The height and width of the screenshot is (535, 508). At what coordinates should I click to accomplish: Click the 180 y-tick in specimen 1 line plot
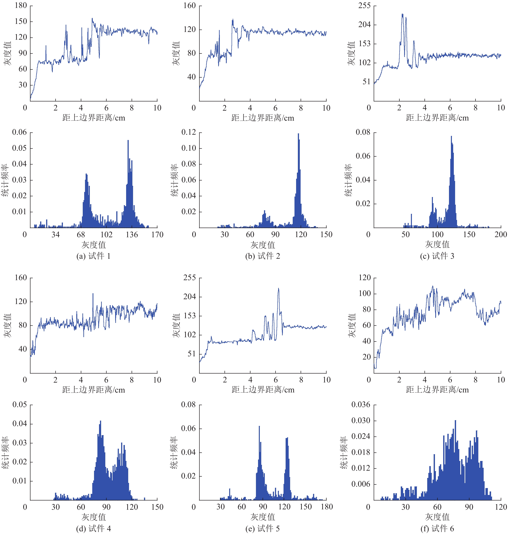[x=21, y=5]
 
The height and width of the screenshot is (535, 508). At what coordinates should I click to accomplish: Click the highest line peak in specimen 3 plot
[x=402, y=14]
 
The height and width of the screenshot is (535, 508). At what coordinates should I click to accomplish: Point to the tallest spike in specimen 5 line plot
[x=278, y=289]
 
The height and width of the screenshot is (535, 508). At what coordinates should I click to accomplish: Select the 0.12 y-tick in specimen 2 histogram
[x=189, y=132]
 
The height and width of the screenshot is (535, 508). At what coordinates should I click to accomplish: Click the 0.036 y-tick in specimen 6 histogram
[x=361, y=405]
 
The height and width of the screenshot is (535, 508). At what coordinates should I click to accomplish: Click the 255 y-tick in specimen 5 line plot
[x=189, y=278]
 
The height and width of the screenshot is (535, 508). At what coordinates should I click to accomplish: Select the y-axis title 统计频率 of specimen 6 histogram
[x=344, y=453]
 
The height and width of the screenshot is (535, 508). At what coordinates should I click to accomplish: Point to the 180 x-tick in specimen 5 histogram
[x=327, y=507]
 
